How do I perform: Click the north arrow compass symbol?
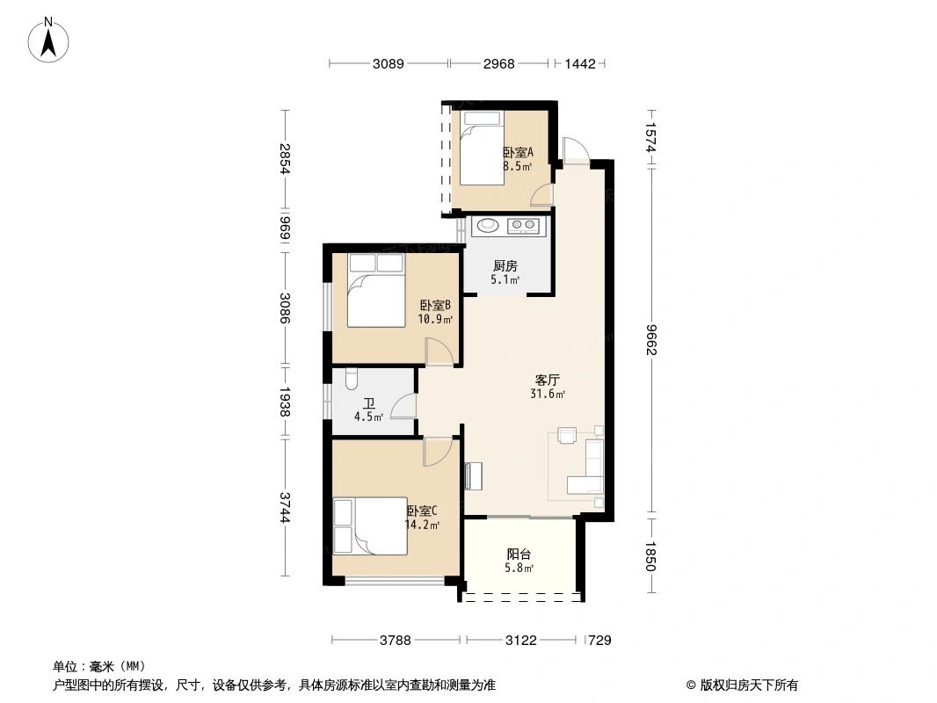[51, 40]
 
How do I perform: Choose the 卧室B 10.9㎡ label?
[435, 312]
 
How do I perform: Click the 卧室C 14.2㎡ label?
[421, 518]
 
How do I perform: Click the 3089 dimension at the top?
[388, 63]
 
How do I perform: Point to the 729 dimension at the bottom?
[599, 641]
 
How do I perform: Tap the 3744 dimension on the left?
[285, 507]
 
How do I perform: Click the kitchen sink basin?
[488, 227]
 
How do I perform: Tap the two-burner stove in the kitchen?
[525, 227]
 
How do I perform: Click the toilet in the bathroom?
[352, 379]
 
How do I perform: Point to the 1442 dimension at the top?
[580, 63]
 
